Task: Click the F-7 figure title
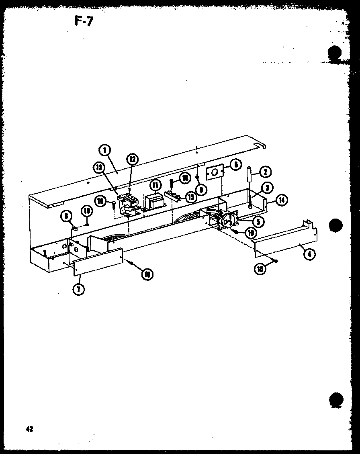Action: [84, 21]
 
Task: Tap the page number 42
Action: [29, 429]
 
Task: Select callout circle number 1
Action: [105, 150]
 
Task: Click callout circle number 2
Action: [265, 172]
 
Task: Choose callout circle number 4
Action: [309, 254]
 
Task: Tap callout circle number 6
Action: [236, 164]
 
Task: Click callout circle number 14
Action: [282, 200]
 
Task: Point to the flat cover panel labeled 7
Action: [98, 262]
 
